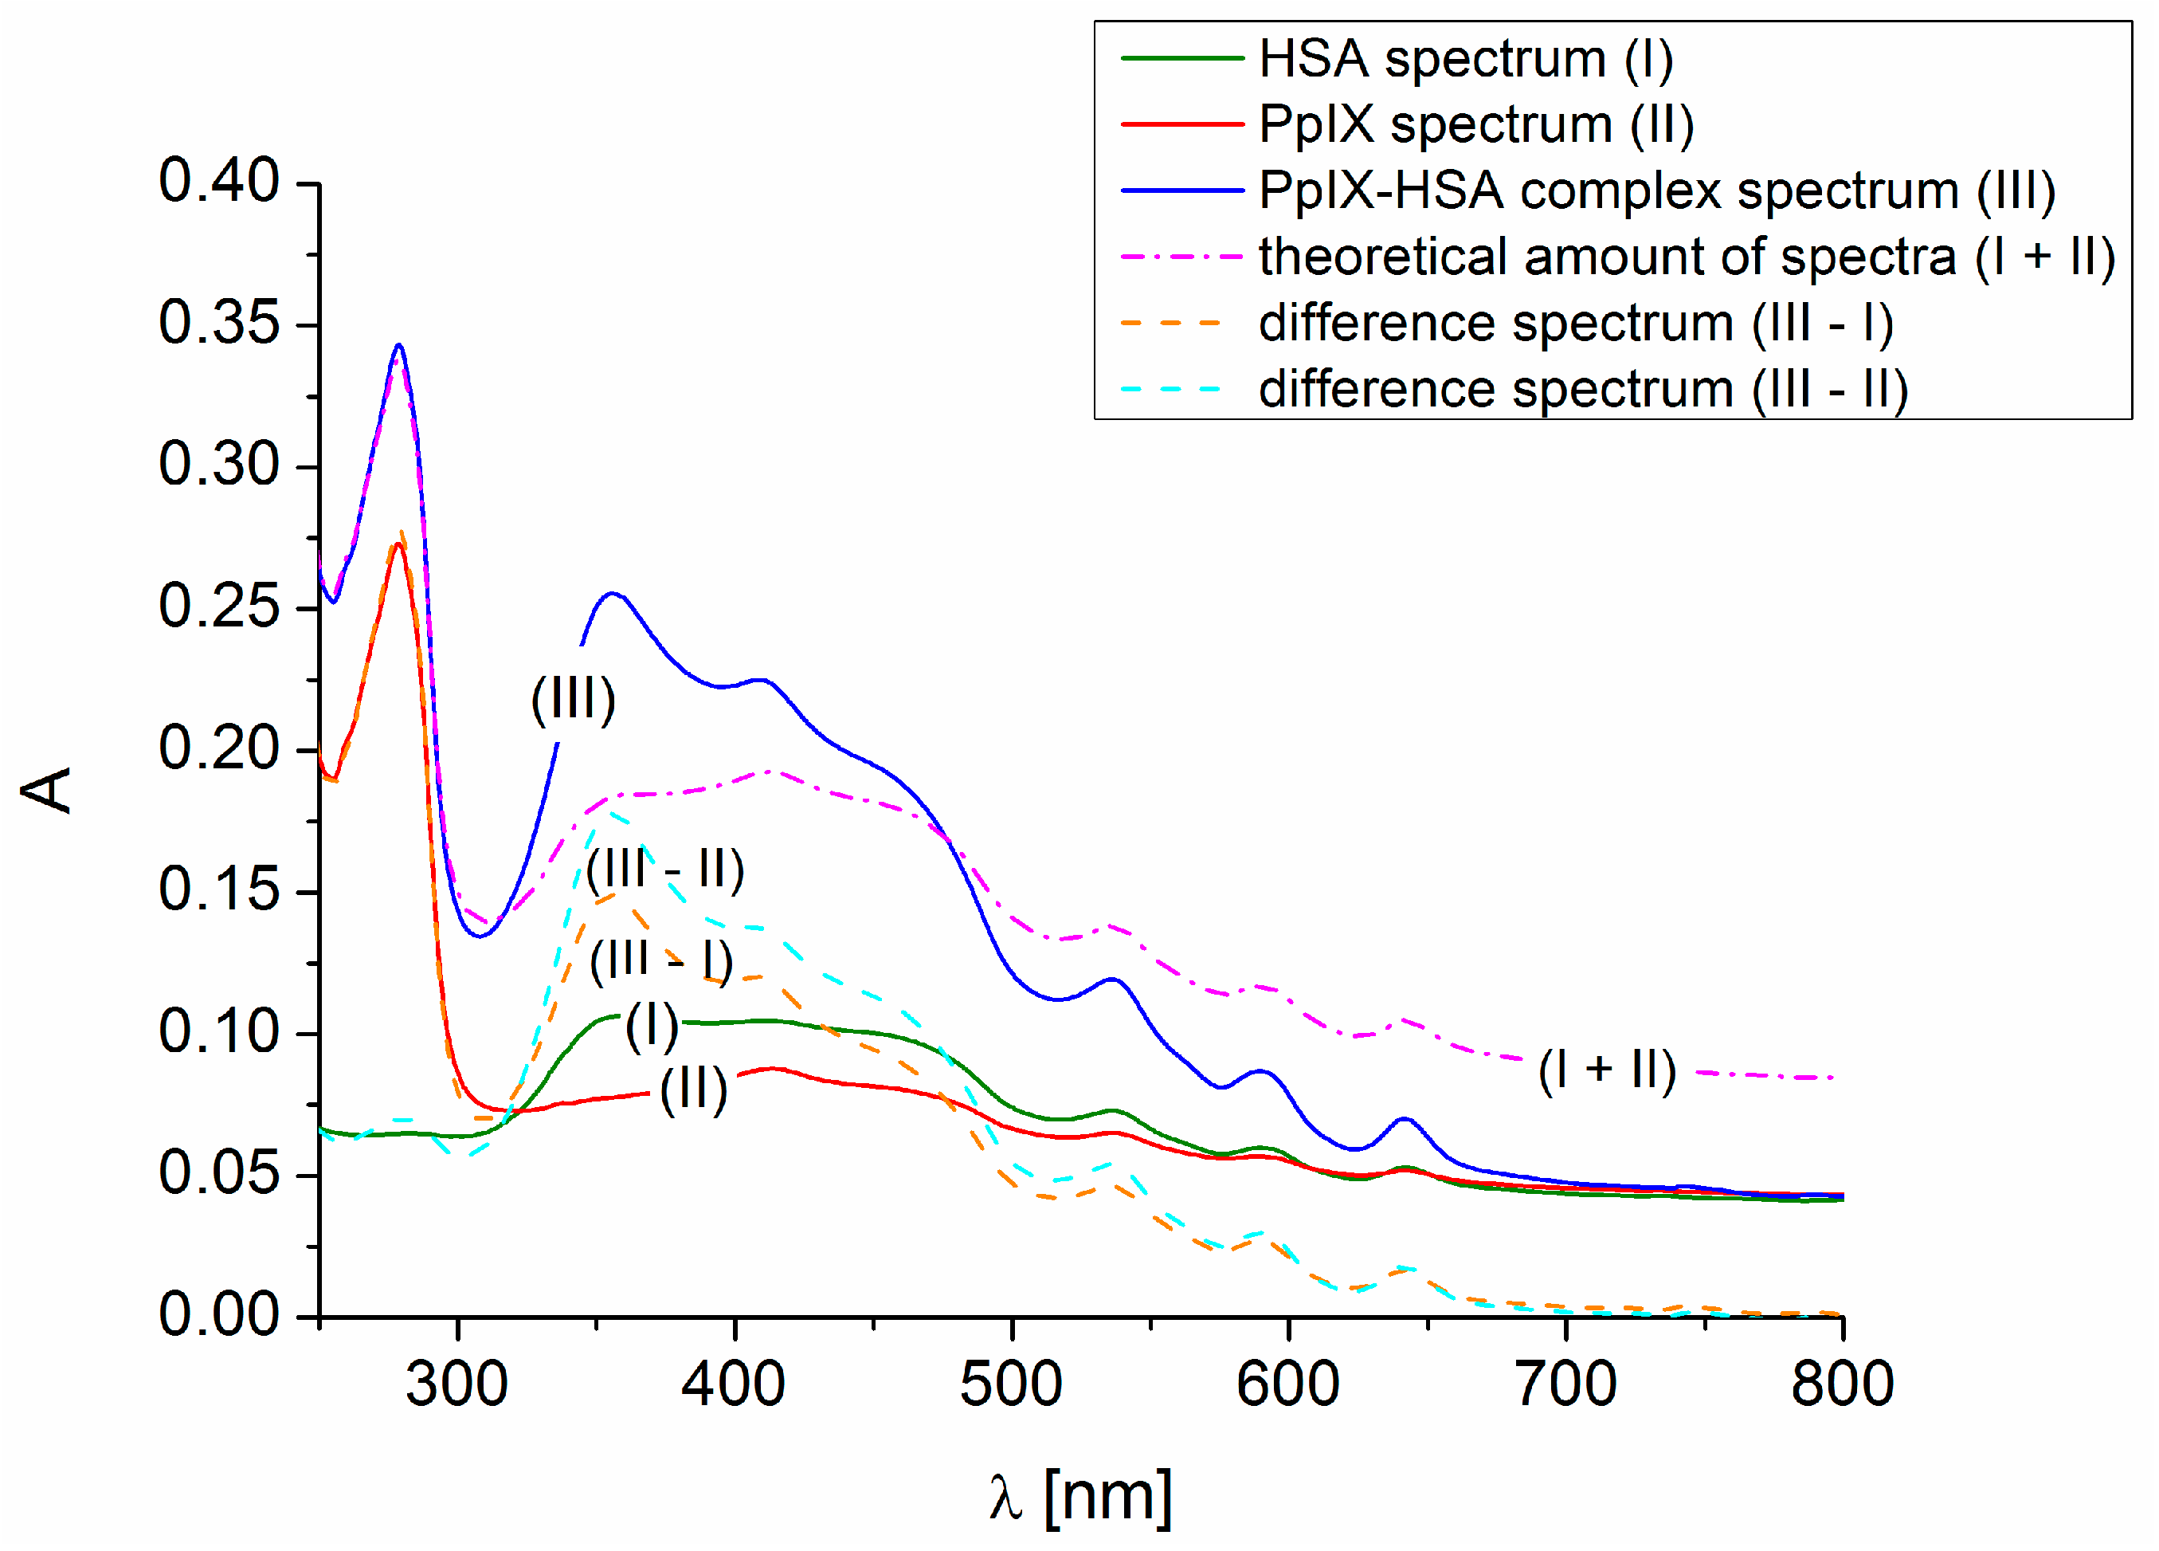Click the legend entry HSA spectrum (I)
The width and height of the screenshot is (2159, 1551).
click(1465, 59)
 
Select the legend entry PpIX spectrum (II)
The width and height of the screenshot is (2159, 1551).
click(1475, 124)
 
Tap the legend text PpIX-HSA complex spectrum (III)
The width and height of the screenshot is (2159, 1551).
click(1656, 190)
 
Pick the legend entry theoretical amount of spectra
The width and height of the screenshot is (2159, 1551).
click(1686, 257)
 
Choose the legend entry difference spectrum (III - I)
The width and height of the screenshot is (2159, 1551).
click(1576, 324)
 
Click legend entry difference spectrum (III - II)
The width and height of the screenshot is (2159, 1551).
click(1582, 390)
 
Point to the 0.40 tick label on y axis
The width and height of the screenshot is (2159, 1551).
click(219, 181)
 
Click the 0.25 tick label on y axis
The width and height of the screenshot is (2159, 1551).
click(219, 607)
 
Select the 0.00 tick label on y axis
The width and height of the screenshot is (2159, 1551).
click(219, 1316)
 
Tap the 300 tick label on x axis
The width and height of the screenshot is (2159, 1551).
click(457, 1384)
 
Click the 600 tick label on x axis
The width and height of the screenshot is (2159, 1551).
click(1288, 1384)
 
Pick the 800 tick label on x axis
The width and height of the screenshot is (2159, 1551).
click(1842, 1384)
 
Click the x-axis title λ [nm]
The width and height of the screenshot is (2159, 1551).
click(1080, 1498)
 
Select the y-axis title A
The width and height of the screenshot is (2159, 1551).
click(48, 791)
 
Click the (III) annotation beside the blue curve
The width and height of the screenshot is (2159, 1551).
click(573, 701)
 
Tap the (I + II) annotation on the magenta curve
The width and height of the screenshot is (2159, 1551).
click(1607, 1070)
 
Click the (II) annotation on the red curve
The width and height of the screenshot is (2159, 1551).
click(693, 1090)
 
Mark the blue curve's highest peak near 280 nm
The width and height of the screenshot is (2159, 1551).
click(399, 346)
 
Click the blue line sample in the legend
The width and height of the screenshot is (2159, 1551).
click(1182, 190)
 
